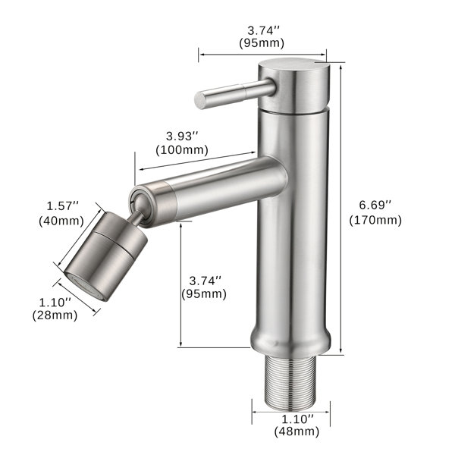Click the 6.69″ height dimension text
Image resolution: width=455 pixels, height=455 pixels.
click(375, 206)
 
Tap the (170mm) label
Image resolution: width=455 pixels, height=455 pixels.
click(375, 220)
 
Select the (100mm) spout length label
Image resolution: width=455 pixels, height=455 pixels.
click(182, 150)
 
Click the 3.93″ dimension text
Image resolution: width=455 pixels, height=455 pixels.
click(182, 136)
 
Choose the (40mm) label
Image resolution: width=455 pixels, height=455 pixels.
click(61, 221)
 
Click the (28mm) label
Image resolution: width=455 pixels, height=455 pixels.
click(55, 315)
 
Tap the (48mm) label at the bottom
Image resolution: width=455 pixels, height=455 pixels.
click(297, 431)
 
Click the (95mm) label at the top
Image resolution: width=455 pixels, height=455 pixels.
click(262, 43)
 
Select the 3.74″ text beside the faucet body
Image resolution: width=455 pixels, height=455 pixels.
click(206, 281)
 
